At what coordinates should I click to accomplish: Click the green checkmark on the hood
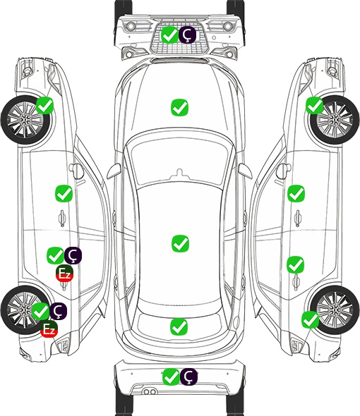point(179,107)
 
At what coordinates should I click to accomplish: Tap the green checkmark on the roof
point(180,243)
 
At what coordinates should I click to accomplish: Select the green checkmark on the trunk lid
point(179,326)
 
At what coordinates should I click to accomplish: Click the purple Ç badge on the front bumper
point(187,35)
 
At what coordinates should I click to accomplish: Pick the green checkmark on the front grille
point(169,35)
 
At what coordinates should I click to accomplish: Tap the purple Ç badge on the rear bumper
point(189,377)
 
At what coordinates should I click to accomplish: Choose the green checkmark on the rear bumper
point(171,377)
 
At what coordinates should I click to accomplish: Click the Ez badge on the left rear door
point(64,274)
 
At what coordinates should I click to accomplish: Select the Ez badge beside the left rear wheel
point(49,329)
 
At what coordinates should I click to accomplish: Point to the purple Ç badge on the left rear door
point(73,255)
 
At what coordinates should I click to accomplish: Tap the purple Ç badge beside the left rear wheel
point(58,311)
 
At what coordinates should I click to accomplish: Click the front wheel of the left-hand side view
point(25,120)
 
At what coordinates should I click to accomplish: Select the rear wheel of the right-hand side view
point(335,310)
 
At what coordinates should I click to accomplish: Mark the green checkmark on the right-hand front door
point(296,193)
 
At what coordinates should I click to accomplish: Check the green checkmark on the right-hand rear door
point(296,264)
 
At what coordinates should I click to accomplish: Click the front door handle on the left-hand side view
point(62,218)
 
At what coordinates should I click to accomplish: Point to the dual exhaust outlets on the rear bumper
point(150,391)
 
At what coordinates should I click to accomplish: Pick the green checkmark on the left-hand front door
point(64,193)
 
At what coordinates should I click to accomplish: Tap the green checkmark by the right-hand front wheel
point(315,105)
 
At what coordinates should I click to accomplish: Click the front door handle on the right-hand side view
point(298,218)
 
